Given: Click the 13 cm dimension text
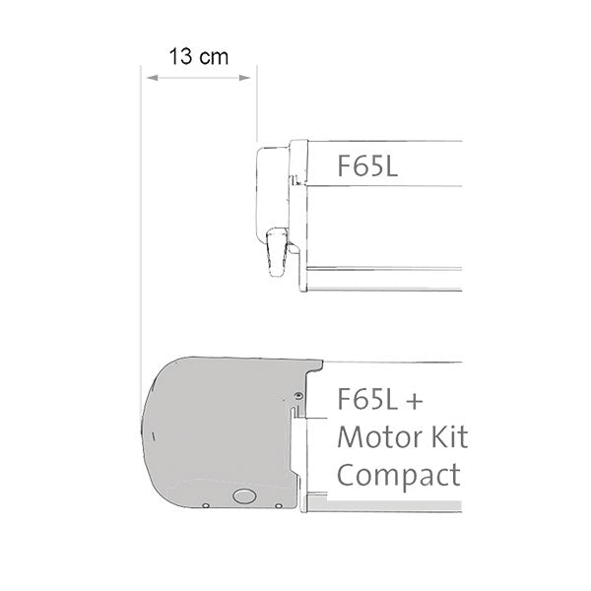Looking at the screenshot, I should [x=197, y=56].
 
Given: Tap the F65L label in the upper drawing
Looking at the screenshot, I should [x=367, y=165].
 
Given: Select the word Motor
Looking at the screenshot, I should [x=375, y=436].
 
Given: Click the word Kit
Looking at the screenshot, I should [x=442, y=436].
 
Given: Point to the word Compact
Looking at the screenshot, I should [x=399, y=475].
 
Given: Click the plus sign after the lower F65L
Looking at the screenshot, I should [x=416, y=400].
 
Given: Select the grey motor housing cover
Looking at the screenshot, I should [x=217, y=433].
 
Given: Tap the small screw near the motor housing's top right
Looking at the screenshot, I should [x=297, y=398].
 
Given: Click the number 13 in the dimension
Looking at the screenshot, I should [x=179, y=56].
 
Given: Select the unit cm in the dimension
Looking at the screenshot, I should [x=213, y=56].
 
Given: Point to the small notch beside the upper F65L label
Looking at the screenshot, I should [x=295, y=179].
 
